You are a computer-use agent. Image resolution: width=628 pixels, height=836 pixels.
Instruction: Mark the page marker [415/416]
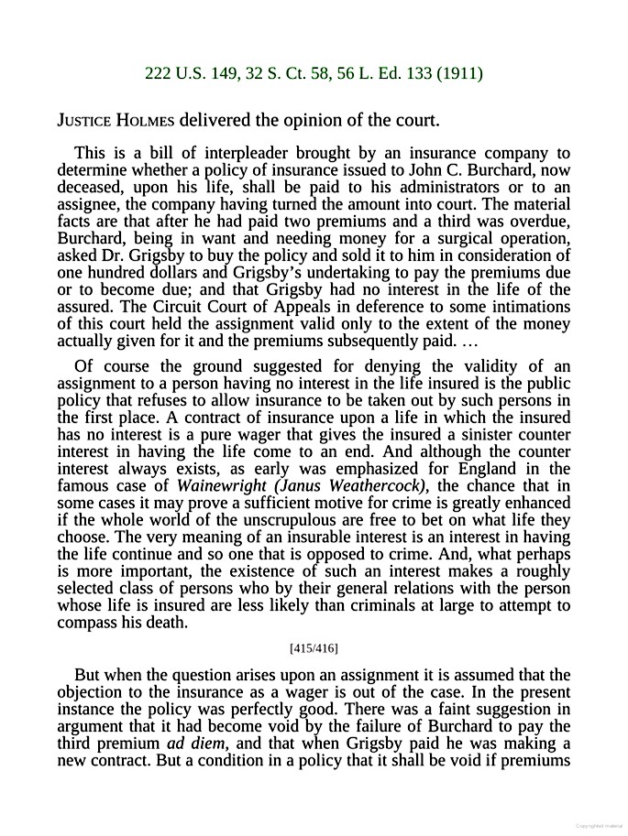click(314, 648)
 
